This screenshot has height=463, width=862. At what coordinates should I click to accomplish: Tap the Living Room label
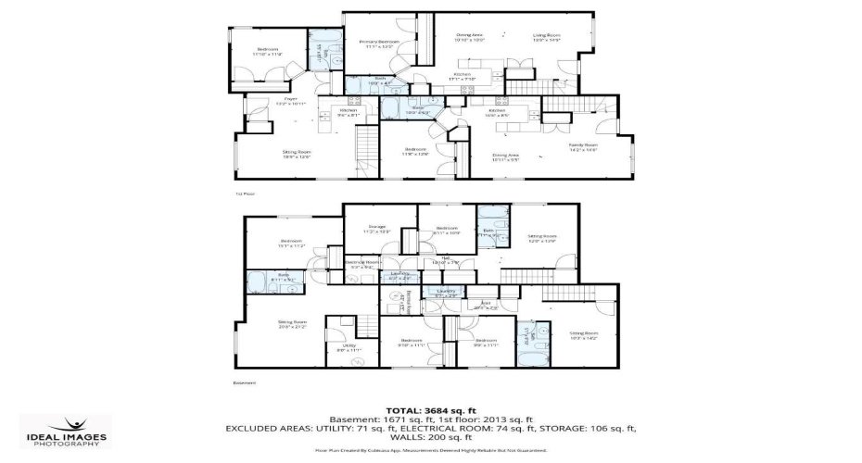coord(547,38)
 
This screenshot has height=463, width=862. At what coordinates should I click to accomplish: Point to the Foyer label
coord(290,101)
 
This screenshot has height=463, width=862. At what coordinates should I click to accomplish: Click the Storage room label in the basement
coord(376,228)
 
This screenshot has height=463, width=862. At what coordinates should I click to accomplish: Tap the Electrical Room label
coord(362,264)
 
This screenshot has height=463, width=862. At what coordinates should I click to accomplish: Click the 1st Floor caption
coord(244,194)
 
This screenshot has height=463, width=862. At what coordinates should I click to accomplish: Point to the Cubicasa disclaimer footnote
coord(431,450)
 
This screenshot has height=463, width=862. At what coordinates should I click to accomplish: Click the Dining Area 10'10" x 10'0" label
coord(470,38)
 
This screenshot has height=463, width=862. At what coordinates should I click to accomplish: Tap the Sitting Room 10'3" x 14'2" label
coord(584,334)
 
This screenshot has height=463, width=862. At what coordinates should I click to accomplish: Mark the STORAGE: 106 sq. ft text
coord(586,429)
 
